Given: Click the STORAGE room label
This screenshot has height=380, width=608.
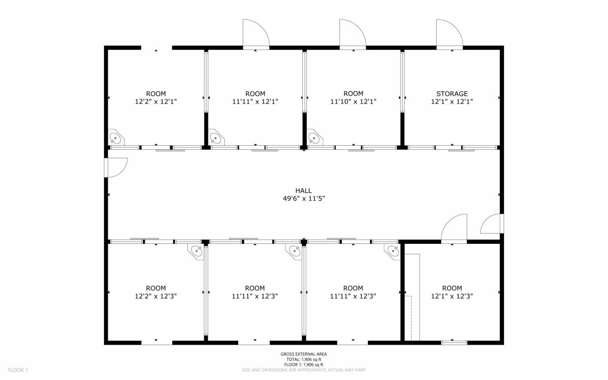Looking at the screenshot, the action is tap(452, 94).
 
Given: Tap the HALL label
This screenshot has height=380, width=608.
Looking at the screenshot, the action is tap(303, 191).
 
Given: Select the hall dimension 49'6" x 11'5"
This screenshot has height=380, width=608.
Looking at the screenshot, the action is tap(304, 199).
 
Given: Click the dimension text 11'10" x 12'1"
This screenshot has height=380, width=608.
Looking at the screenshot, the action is tap(353, 102).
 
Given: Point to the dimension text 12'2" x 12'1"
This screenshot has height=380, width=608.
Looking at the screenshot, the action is tap(156, 102).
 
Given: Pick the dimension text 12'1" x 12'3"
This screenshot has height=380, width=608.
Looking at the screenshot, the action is tap(452, 296).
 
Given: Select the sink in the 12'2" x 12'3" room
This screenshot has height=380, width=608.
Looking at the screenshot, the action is tap(196, 252).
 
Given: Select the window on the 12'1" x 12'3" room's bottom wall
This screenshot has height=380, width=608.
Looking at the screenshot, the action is tap(454, 343).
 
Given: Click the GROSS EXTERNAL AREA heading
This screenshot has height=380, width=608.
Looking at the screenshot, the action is tap(304, 354).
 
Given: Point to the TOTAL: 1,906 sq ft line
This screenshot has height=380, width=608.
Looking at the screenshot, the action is tap(304, 360).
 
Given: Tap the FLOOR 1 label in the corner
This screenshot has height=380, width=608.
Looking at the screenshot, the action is tap(18, 370).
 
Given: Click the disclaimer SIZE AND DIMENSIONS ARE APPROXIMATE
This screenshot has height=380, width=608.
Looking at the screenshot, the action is tap(284, 370).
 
